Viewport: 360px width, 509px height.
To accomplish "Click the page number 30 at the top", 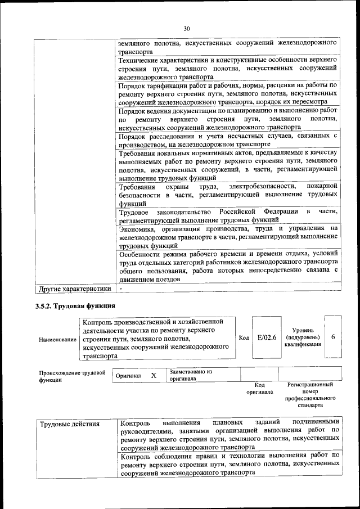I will point(187,29).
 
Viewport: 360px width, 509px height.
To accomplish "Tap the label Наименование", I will point(57,340).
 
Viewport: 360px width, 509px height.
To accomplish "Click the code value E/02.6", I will point(266,337).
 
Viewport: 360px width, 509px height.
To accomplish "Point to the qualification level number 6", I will point(333,337).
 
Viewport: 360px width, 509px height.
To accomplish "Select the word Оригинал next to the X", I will point(128,375).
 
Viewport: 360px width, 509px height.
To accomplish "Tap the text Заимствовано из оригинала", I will point(190,375).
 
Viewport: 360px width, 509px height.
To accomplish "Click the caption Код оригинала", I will point(259,388).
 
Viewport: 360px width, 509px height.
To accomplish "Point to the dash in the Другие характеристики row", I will point(121,289).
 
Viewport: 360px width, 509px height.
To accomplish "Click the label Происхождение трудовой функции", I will point(72,376).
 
